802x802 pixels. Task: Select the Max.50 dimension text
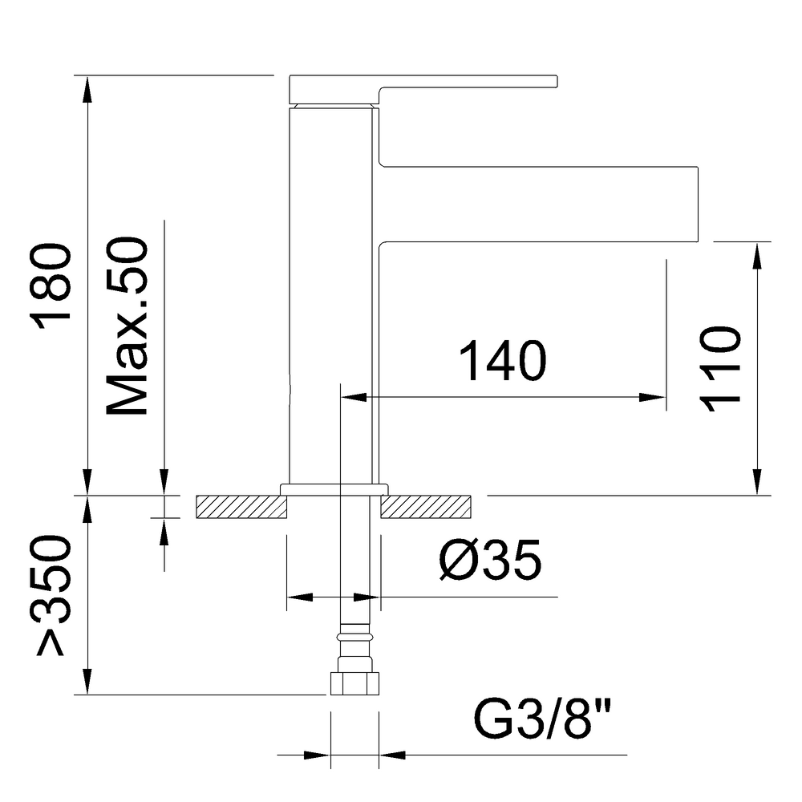coord(127,326)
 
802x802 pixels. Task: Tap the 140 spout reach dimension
coord(503,362)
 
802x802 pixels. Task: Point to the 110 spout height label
coord(721,369)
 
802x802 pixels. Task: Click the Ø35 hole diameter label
coord(490,560)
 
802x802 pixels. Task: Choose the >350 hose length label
coord(51,595)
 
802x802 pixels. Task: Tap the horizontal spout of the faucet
coord(538,204)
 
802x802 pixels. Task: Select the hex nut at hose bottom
coord(354,683)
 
